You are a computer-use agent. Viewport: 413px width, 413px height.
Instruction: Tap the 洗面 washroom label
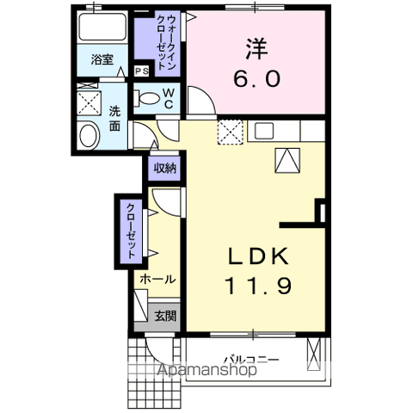click(x=114, y=119)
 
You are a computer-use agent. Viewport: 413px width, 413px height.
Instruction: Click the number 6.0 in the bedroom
click(x=256, y=78)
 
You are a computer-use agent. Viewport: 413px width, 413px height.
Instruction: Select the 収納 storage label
click(x=165, y=169)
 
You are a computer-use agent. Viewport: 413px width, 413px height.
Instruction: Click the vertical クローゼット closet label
click(x=131, y=231)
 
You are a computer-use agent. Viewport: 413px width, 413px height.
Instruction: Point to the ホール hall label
click(x=159, y=280)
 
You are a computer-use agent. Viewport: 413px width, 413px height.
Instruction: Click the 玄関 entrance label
click(x=165, y=316)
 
